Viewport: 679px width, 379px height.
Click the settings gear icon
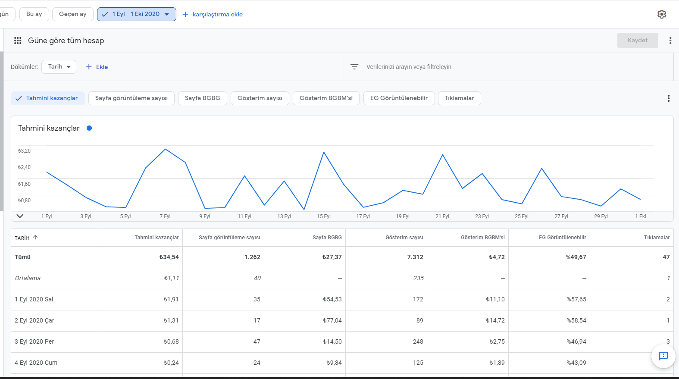pyautogui.click(x=662, y=14)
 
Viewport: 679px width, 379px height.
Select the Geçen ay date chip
pyautogui.click(x=73, y=14)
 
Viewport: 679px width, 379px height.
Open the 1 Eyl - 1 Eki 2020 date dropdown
pyautogui.click(x=136, y=14)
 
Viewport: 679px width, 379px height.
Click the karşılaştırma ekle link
pyautogui.click(x=213, y=14)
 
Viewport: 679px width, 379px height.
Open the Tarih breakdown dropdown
pyautogui.click(x=59, y=67)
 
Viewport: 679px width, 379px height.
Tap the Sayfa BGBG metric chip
pyautogui.click(x=203, y=98)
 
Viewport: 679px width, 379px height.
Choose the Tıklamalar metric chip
pyautogui.click(x=459, y=98)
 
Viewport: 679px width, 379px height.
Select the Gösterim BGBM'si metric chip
pyautogui.click(x=326, y=98)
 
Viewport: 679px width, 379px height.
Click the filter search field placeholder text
pyautogui.click(x=409, y=67)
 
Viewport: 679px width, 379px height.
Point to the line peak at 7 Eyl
pyautogui.click(x=165, y=149)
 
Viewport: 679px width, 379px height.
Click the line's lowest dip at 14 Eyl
pyautogui.click(x=304, y=209)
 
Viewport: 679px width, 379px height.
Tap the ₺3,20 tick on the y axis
pyautogui.click(x=24, y=150)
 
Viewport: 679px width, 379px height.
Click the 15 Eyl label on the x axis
pyautogui.click(x=324, y=216)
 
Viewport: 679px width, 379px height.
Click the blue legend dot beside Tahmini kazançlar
pyautogui.click(x=89, y=128)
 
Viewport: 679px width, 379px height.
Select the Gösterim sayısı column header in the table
pyautogui.click(x=404, y=238)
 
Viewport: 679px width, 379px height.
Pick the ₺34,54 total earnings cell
pyautogui.click(x=169, y=257)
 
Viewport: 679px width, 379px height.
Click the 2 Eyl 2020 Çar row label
pyautogui.click(x=34, y=320)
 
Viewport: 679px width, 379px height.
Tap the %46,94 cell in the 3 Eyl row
pyautogui.click(x=576, y=342)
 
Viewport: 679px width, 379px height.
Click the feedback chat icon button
pyautogui.click(x=663, y=356)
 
